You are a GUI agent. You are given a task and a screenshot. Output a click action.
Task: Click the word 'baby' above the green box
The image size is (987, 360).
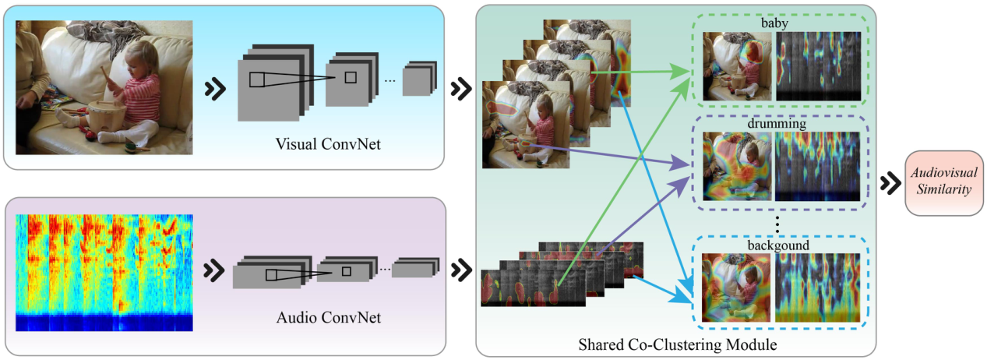pos(775,24)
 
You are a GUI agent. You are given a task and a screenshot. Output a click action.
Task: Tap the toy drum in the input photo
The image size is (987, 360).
pos(107,117)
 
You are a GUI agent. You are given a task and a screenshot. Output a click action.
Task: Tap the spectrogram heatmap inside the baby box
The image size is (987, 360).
pos(818,66)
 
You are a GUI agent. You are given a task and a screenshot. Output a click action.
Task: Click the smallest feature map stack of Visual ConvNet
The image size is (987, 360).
pos(419,79)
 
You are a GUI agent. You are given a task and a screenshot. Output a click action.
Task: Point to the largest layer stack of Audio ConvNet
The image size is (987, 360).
pos(270,273)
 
